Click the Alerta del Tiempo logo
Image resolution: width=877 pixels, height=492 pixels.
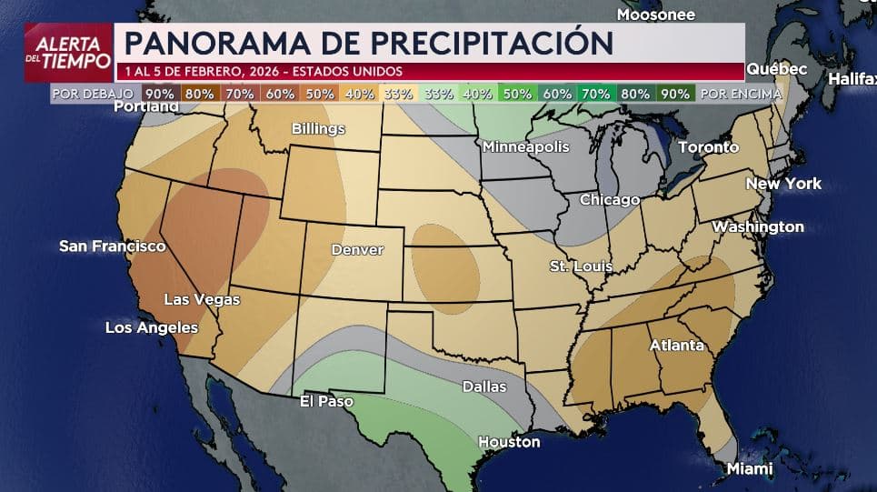pyautogui.click(x=68, y=52)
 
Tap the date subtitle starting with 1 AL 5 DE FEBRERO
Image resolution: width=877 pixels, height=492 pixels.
pyautogui.click(x=261, y=72)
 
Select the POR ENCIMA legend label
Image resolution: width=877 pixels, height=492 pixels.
pyautogui.click(x=741, y=93)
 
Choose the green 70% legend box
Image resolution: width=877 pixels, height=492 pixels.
pyautogui.click(x=595, y=93)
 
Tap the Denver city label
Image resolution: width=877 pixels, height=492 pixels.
pyautogui.click(x=357, y=249)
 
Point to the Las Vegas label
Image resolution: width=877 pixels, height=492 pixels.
pyautogui.click(x=202, y=299)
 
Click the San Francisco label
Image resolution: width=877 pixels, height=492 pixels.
pyautogui.click(x=112, y=246)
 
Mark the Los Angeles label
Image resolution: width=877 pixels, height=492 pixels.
pyautogui.click(x=152, y=327)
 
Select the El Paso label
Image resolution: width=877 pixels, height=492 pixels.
pyautogui.click(x=326, y=401)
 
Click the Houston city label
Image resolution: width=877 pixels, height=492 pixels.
pyautogui.click(x=509, y=442)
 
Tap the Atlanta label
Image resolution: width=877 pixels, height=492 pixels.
pyautogui.click(x=676, y=346)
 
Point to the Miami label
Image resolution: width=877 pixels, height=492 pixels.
pyautogui.click(x=749, y=468)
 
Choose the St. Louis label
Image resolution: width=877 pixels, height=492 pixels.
pyautogui.click(x=581, y=266)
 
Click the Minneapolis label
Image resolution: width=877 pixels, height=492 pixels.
pyautogui.click(x=525, y=146)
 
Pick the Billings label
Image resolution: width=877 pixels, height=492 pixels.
pyautogui.click(x=318, y=129)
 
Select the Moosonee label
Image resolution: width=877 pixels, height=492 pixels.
pyautogui.click(x=655, y=15)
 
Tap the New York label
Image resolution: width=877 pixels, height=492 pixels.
pyautogui.click(x=783, y=184)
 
